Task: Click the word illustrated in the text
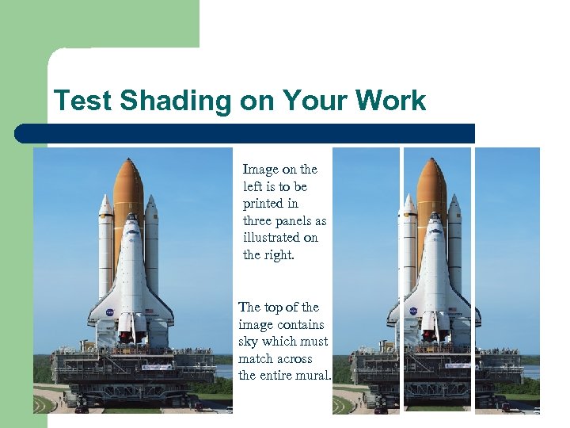pos(272,238)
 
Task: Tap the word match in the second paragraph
pos(255,359)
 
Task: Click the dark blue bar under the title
pos(245,133)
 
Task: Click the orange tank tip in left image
pos(128,164)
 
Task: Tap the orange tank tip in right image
pos(431,164)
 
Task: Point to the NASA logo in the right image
pos(412,311)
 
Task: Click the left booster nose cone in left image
pos(105,204)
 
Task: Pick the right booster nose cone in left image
pos(151,204)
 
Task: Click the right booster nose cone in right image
pos(454,204)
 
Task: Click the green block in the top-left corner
pos(99,24)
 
